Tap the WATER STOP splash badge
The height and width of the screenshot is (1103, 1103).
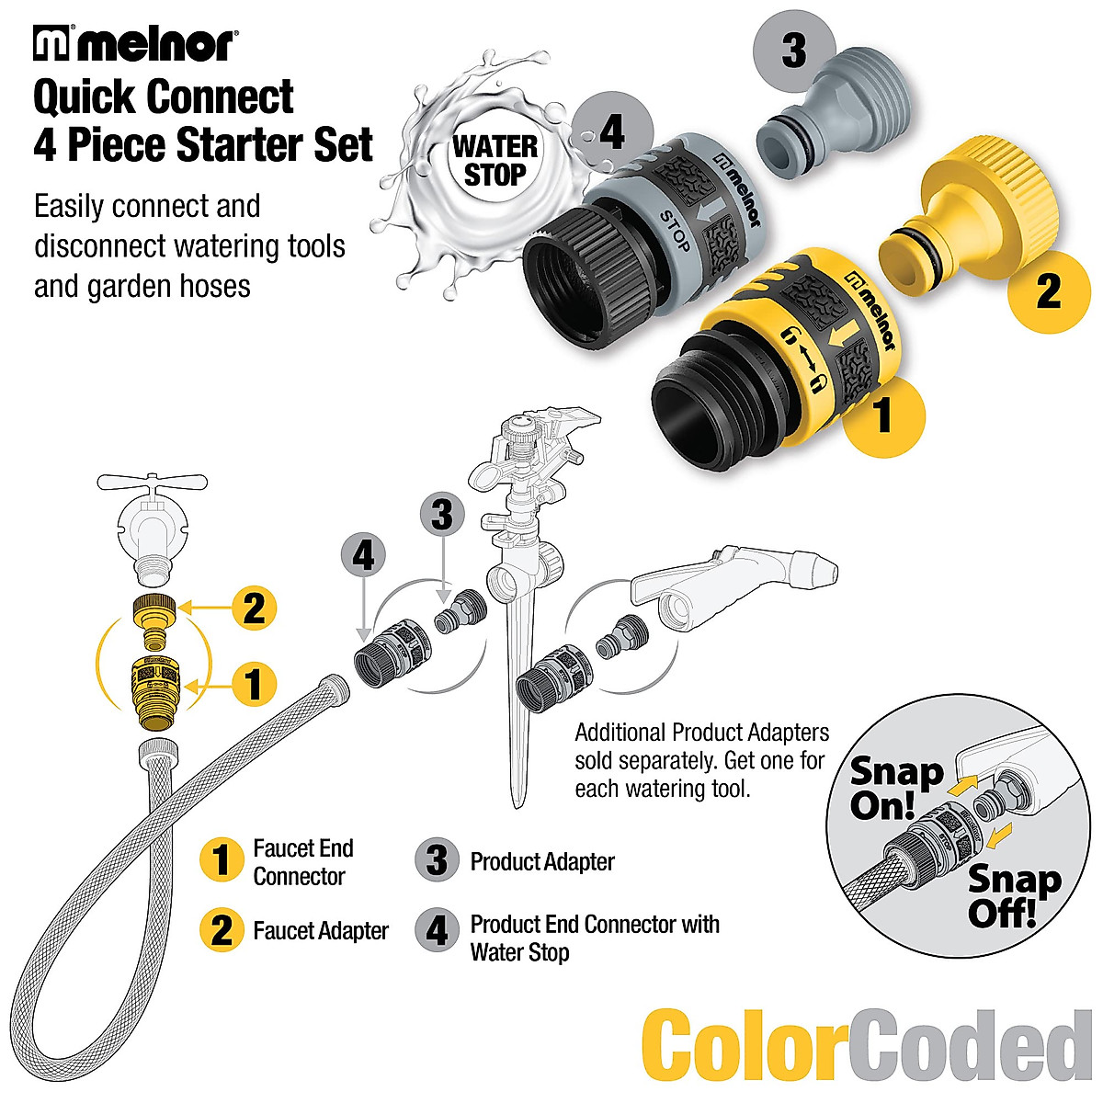[x=495, y=159]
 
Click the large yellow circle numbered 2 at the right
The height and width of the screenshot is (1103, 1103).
[x=1048, y=291]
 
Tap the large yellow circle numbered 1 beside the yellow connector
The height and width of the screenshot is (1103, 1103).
[x=883, y=415]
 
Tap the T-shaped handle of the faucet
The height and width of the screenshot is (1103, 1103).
[x=151, y=484]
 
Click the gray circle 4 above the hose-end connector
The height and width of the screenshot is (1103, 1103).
[x=364, y=556]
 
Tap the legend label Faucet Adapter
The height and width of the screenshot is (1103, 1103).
[x=320, y=931]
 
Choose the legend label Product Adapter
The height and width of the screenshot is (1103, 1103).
[x=542, y=862]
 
